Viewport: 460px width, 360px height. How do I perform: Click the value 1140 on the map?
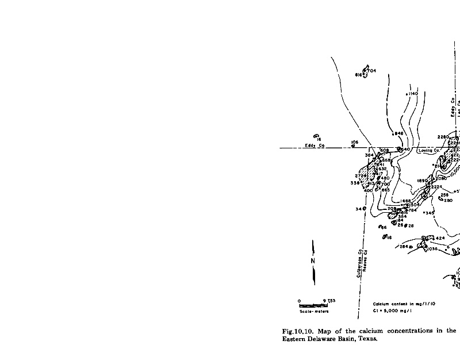coord(413,93)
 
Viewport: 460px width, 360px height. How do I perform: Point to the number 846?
coord(400,133)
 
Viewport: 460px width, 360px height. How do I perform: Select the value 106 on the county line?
coord(354,141)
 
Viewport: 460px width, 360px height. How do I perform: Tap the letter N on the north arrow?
coord(313,261)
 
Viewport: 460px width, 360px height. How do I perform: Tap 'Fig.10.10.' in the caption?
coord(296,331)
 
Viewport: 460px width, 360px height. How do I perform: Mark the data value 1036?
coord(433,248)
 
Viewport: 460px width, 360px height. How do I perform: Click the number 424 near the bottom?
coord(440,238)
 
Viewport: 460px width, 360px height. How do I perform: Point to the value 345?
coord(430,213)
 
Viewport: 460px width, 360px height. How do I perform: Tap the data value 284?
coord(404,246)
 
